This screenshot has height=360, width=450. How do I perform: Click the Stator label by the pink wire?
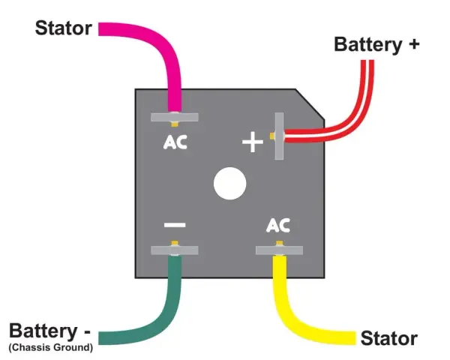tap(64, 28)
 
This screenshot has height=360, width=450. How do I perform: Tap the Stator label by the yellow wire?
tap(388, 338)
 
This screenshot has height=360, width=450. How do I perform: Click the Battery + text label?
tap(376, 45)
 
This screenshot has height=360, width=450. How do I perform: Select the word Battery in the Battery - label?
tap(43, 331)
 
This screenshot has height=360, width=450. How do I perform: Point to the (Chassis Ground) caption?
tap(51, 347)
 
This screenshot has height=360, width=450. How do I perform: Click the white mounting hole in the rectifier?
tap(230, 184)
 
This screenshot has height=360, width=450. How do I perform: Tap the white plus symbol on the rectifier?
tap(253, 142)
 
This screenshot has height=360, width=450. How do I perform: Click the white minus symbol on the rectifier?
tap(175, 225)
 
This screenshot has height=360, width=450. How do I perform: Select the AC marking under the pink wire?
tap(175, 142)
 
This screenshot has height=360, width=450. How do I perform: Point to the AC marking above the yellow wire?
tap(278, 225)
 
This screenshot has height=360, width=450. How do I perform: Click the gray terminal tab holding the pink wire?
tap(175, 117)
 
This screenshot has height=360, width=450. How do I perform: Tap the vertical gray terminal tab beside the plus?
tap(279, 136)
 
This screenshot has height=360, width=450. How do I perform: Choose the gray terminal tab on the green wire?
tap(175, 250)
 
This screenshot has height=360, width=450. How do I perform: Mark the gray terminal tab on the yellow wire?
tap(279, 250)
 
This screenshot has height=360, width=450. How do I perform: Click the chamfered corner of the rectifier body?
tap(310, 104)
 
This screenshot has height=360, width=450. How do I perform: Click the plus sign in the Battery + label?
tap(413, 44)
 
